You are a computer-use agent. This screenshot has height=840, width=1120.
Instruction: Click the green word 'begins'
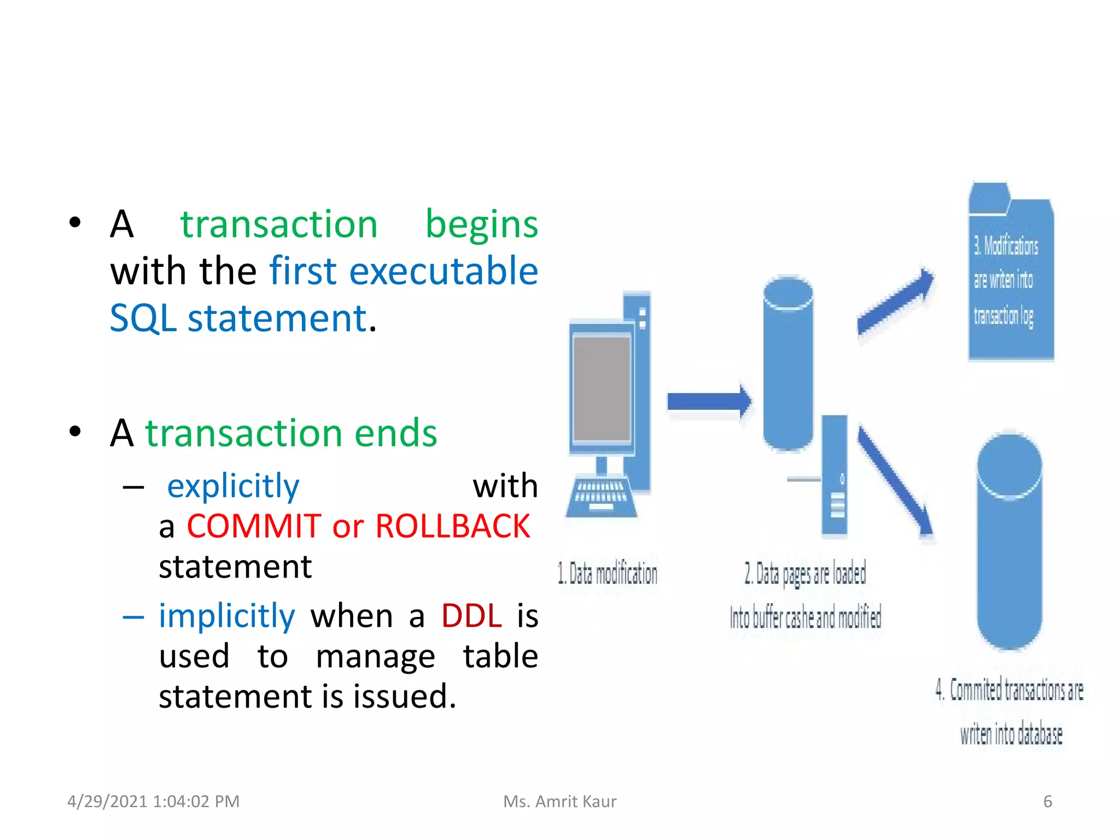(x=481, y=225)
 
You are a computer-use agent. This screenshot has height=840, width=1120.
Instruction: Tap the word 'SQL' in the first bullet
(x=143, y=318)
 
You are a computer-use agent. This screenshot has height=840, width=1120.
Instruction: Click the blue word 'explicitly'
(x=233, y=486)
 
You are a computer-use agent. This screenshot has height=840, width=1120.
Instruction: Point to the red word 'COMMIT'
(x=254, y=526)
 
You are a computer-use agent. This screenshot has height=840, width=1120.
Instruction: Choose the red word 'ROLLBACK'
(x=452, y=526)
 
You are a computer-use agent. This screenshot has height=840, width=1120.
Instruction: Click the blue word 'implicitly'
(x=226, y=616)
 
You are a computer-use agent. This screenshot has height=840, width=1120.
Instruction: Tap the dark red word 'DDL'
(x=471, y=616)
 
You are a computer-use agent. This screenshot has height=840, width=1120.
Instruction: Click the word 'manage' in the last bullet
(x=375, y=656)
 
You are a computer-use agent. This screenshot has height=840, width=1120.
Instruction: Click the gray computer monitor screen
(x=602, y=388)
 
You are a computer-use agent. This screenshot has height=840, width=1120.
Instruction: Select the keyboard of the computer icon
(x=600, y=497)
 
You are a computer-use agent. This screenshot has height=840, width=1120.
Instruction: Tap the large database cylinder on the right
(x=1009, y=541)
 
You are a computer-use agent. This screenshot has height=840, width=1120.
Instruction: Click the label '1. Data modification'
(x=607, y=574)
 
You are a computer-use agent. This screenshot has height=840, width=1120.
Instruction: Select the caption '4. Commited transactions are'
(x=1009, y=690)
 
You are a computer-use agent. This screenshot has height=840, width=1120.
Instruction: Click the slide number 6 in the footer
(x=1047, y=801)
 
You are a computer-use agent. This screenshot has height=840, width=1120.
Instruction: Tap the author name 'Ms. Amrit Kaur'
(x=559, y=801)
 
